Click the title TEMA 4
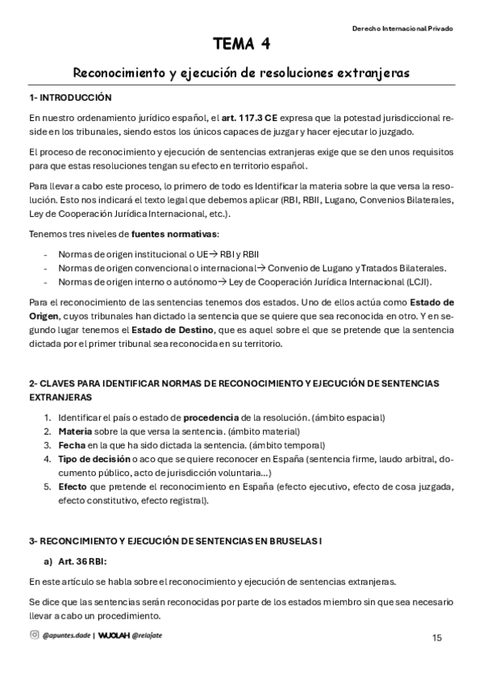click(241, 44)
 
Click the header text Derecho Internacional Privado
click(402, 27)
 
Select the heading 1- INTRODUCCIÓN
click(69, 97)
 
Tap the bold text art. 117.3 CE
click(249, 118)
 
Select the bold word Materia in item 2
click(75, 432)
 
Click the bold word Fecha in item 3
click(71, 445)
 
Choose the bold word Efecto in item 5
click(73, 486)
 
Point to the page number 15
click(436, 637)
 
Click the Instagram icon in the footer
click(34, 634)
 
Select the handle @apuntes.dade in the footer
click(66, 635)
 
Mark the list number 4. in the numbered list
click(48, 459)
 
